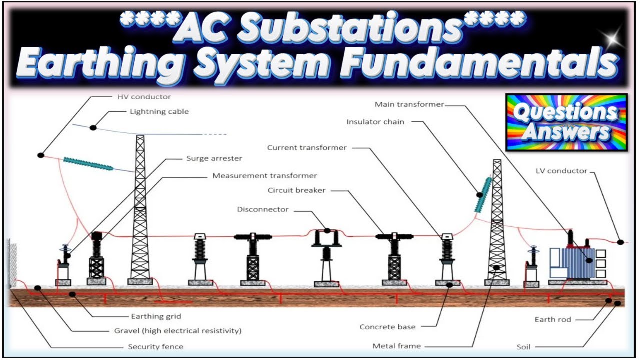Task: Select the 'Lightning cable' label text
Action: pos(159,112)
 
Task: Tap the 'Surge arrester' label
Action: pos(214,159)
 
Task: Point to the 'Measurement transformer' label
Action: pos(264,176)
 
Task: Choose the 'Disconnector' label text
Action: pos(262,209)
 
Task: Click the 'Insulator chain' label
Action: pos(375,122)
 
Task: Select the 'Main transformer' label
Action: pos(409,104)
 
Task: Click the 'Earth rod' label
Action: pos(553,319)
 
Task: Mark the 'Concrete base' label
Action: pos(387,327)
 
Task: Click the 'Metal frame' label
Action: pos(396,346)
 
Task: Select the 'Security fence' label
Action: pos(155,346)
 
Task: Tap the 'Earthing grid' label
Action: pos(156,316)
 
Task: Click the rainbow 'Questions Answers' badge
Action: pos(566,122)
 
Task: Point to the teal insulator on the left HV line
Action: pos(89,164)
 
